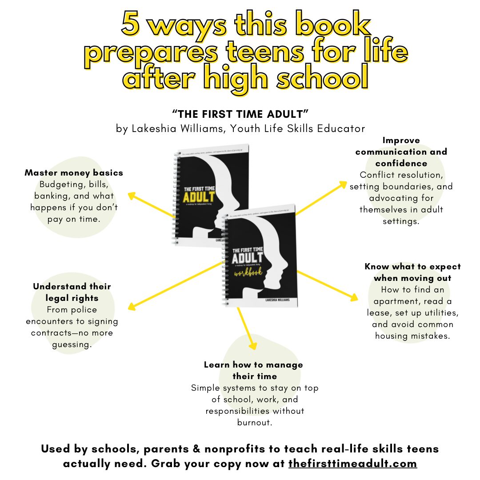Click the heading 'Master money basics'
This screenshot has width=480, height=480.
[74, 172]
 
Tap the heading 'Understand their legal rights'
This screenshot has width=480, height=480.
[72, 292]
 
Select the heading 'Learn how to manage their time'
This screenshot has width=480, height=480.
[253, 370]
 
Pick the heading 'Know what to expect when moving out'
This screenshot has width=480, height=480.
[412, 272]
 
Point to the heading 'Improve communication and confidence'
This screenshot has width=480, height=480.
[401, 152]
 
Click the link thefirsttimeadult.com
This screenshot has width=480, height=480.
[352, 464]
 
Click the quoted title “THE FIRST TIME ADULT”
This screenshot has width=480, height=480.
[240, 114]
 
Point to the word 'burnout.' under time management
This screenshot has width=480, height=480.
[255, 422]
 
